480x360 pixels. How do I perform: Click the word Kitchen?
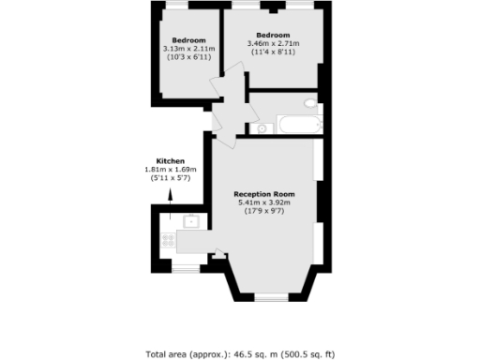pyautogui.click(x=171, y=160)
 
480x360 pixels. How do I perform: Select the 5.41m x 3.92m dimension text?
pyautogui.click(x=264, y=203)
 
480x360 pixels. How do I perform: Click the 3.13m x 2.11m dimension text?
pyautogui.click(x=188, y=49)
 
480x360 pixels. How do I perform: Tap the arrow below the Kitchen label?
pyautogui.click(x=171, y=195)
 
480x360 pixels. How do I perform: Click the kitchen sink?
pyautogui.click(x=190, y=222)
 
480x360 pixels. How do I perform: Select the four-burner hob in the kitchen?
pyautogui.click(x=170, y=240)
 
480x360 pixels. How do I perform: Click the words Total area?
pyautogui.click(x=167, y=353)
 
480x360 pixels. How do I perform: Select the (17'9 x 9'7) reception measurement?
pyautogui.click(x=264, y=213)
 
